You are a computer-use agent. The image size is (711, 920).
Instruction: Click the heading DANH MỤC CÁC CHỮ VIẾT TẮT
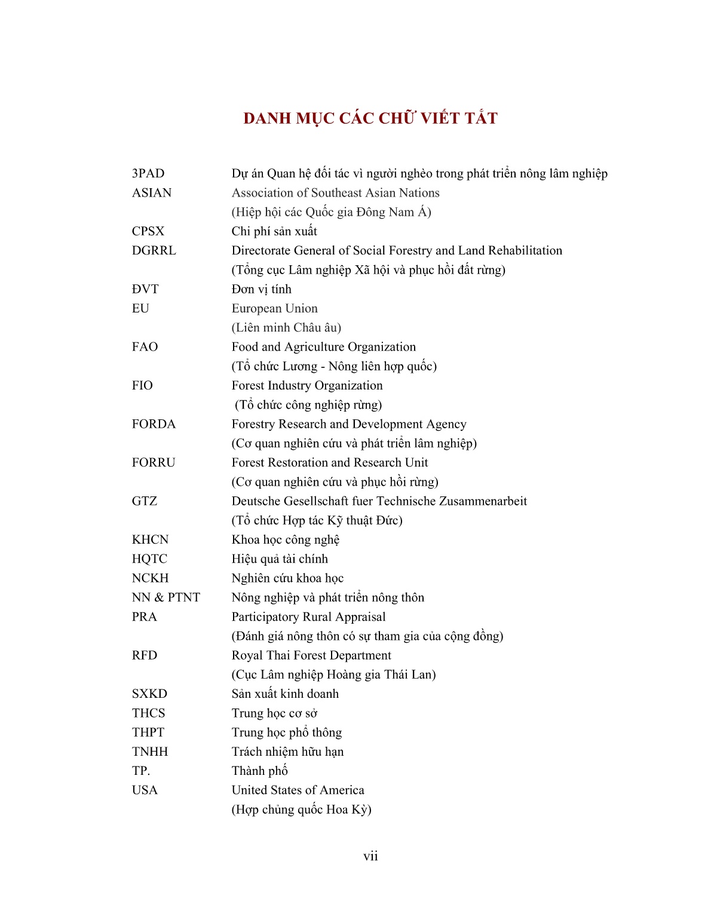point(370,118)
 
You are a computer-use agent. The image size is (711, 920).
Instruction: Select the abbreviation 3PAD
point(148,174)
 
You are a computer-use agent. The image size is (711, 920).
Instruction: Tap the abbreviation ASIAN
point(152,193)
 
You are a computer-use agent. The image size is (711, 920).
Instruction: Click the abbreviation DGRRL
point(154,251)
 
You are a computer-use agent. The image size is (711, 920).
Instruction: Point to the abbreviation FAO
point(145,347)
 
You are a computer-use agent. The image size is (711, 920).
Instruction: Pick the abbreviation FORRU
point(154,463)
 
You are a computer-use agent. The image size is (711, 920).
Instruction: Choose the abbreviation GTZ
point(145,501)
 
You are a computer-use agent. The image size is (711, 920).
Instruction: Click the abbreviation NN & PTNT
point(166,597)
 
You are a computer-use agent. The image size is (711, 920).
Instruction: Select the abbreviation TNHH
point(150,752)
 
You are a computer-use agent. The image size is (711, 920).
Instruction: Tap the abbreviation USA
point(145,790)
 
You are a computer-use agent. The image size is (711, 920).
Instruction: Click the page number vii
point(370,857)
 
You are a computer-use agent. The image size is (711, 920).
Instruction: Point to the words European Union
point(275,309)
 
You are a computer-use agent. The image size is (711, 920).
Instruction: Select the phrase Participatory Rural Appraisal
point(308,617)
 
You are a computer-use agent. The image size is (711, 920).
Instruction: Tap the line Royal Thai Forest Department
point(311,655)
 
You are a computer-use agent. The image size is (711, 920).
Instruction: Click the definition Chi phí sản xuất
point(274,232)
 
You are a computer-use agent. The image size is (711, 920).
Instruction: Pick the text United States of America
point(298,790)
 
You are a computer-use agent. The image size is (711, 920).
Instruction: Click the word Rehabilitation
point(525,251)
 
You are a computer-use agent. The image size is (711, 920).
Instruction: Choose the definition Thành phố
point(260,771)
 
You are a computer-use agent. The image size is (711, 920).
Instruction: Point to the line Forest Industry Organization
point(307,386)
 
